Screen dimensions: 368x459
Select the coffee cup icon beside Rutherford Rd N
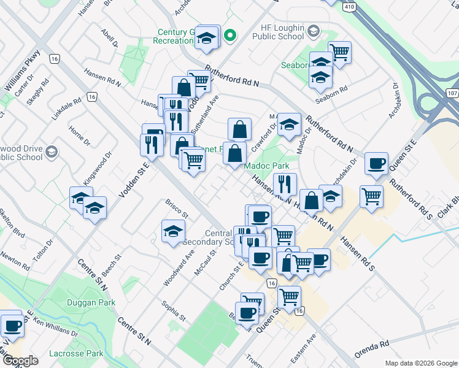point(376,164)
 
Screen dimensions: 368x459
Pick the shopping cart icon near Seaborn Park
point(339,52)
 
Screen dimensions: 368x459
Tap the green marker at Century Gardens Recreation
point(229,36)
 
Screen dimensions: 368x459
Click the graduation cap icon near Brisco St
point(173,231)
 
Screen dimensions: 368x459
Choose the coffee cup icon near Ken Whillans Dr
point(12,326)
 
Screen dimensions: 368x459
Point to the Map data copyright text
point(420,363)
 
